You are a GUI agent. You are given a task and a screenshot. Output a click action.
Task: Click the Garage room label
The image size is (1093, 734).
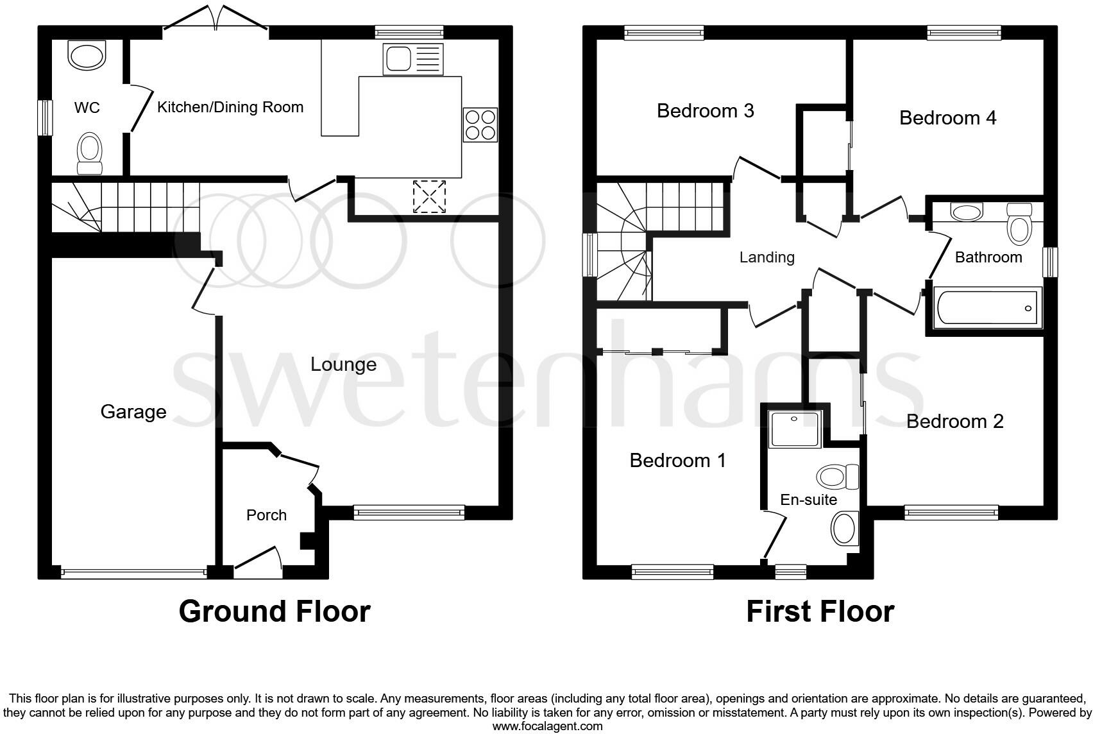[x=133, y=411]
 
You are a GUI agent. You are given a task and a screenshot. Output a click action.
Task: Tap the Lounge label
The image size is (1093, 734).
[x=343, y=364]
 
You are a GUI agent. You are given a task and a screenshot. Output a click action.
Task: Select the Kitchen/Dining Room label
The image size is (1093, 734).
[x=230, y=107]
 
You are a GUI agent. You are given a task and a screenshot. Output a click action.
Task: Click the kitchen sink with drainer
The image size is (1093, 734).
[x=412, y=58]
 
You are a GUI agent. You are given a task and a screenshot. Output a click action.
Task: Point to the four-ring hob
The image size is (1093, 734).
[x=480, y=124]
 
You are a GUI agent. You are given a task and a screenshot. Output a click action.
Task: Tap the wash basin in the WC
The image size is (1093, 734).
[x=86, y=56]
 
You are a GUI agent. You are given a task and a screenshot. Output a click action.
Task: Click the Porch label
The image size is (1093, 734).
[x=266, y=515]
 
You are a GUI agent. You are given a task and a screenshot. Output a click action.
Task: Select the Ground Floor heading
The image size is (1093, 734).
[x=275, y=611]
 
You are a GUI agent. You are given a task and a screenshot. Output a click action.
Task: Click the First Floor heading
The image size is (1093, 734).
[x=820, y=611]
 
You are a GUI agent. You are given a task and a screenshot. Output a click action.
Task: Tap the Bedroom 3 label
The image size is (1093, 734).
[x=706, y=111]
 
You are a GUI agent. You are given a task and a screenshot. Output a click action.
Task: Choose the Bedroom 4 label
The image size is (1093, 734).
[x=947, y=118]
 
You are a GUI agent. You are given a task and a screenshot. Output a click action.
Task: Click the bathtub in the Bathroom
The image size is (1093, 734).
[x=987, y=308]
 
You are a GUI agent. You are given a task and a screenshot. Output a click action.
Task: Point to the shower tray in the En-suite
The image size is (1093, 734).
[x=795, y=429]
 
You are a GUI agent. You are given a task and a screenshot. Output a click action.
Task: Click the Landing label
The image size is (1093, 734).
[x=767, y=257]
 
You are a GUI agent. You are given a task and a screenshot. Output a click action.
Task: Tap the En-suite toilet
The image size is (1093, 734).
[x=838, y=477]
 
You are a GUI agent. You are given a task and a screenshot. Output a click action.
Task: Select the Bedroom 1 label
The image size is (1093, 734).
[x=677, y=461]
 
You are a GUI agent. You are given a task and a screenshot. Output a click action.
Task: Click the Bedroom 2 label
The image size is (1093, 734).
[x=954, y=422]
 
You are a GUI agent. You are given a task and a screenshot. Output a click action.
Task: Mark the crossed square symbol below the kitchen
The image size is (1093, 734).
[x=430, y=196]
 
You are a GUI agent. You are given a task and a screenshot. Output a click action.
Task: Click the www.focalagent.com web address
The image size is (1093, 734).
[x=547, y=726]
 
